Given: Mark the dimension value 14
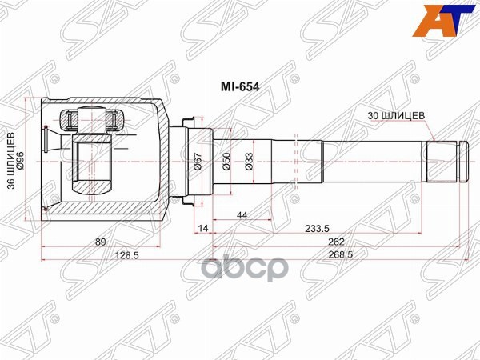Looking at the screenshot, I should click(x=202, y=228).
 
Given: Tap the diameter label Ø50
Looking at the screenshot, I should click(x=227, y=163).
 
